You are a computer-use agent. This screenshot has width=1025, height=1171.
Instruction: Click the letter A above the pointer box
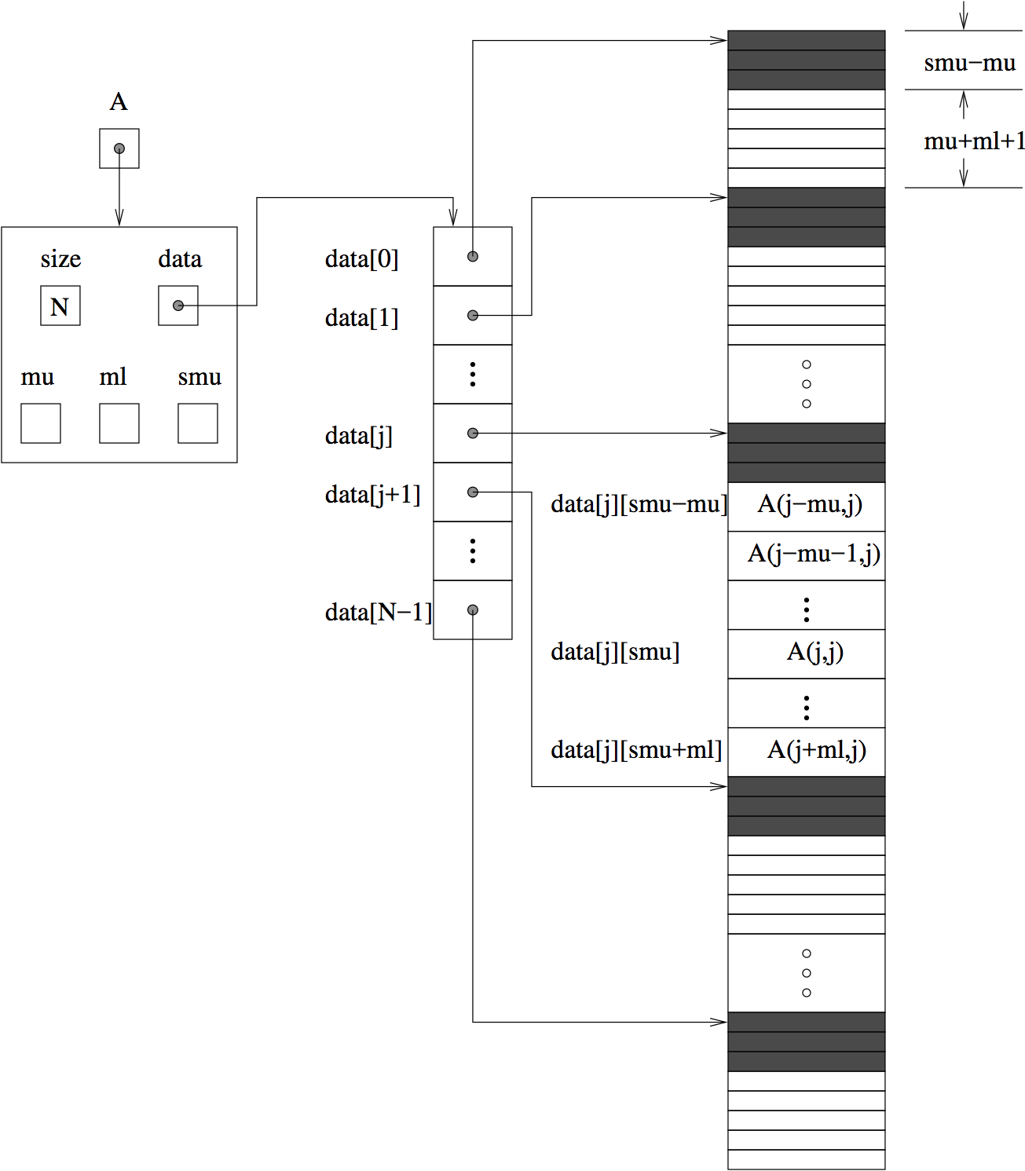[x=119, y=102]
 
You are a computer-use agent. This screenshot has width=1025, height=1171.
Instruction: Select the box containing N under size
[x=60, y=306]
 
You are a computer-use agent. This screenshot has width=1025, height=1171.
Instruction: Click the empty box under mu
[x=41, y=423]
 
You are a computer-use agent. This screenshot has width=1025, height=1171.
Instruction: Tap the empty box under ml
[x=119, y=423]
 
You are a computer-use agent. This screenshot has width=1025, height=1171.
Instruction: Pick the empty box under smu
[x=198, y=423]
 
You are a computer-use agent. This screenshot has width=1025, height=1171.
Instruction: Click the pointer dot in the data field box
[x=178, y=306]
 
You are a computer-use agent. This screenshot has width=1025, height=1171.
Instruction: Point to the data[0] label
[x=362, y=258]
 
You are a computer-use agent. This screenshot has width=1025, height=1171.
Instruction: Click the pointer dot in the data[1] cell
[x=473, y=316]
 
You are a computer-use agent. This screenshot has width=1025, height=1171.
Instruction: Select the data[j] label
[x=359, y=435]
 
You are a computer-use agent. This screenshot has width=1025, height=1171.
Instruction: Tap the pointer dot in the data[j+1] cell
[x=473, y=492]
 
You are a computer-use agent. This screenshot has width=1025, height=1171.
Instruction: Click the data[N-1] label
[x=379, y=612]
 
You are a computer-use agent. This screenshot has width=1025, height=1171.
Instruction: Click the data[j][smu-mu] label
[x=639, y=504]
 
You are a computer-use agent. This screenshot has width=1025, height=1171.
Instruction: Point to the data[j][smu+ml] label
[x=636, y=750]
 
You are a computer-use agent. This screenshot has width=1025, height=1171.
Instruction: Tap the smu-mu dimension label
[x=969, y=63]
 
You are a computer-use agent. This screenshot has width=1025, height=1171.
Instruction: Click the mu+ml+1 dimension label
[x=974, y=141]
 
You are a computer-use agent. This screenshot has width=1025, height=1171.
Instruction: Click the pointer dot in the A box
[x=119, y=148]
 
